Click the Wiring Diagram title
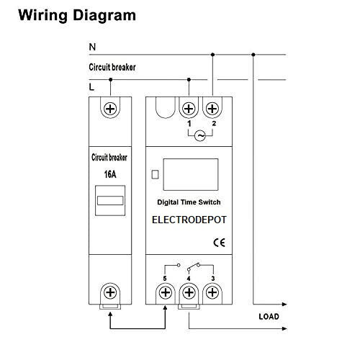77,16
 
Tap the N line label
92,47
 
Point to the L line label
91,87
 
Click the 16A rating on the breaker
110,174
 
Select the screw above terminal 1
189,109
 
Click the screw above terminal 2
212,109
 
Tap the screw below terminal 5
166,292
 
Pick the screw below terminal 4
189,292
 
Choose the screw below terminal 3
212,292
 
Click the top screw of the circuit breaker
110,109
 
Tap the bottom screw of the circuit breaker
110,292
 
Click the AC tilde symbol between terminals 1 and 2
200,136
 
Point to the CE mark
219,243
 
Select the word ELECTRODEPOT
189,220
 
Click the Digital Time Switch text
189,202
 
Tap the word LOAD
269,317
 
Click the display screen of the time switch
191,174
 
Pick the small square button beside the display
156,174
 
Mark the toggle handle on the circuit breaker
110,200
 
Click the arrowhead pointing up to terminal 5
165,307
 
